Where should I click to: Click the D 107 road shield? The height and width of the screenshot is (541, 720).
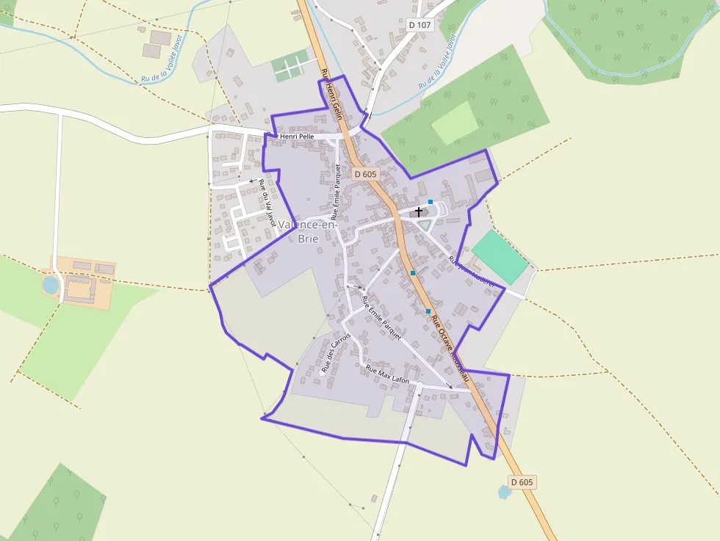(x=420, y=25)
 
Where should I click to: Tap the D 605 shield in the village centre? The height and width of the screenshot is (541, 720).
(x=365, y=174)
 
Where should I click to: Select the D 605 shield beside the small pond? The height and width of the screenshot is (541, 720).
(x=522, y=482)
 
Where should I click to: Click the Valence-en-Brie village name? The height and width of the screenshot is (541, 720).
(x=308, y=231)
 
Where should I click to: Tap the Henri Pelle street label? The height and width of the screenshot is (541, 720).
(x=298, y=137)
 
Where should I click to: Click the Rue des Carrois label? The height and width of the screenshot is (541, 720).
(x=336, y=353)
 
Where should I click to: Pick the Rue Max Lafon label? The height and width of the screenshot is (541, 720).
(x=387, y=374)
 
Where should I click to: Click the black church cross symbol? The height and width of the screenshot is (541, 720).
(x=419, y=212)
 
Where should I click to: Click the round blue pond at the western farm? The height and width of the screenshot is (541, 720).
(x=50, y=285)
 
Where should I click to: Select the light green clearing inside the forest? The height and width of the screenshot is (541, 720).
(x=456, y=123)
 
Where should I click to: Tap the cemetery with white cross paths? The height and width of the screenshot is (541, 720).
(x=290, y=68)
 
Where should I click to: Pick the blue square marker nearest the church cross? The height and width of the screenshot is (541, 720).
(x=430, y=202)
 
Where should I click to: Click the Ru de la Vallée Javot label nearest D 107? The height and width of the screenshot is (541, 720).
(x=439, y=62)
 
